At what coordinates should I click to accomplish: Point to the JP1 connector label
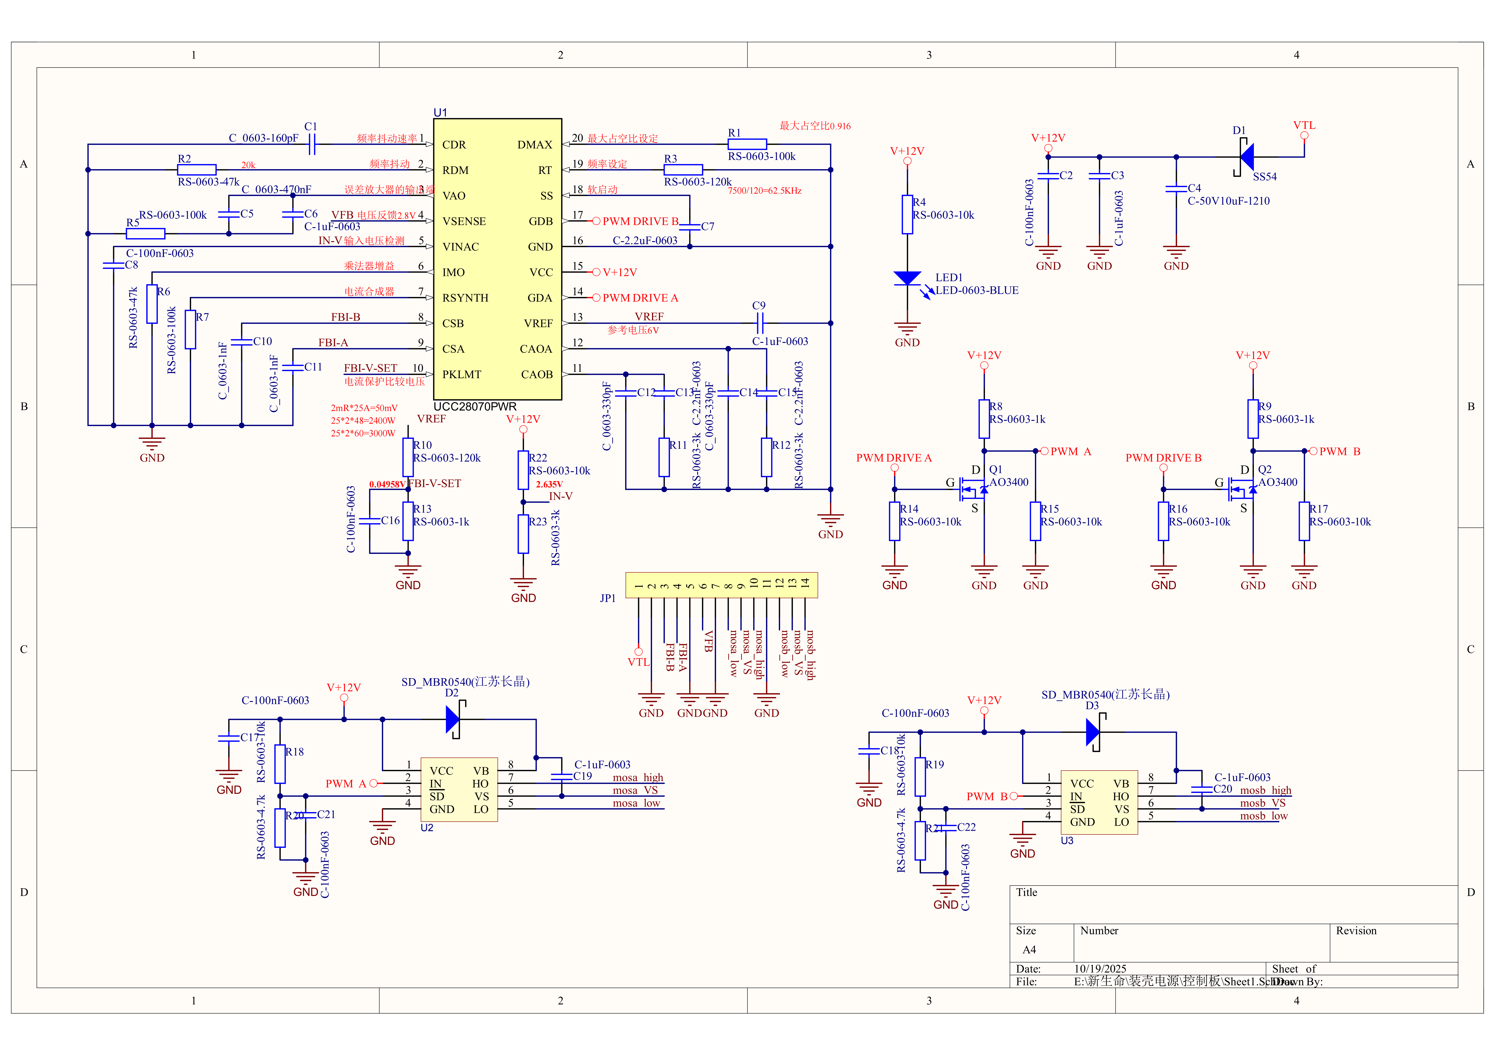point(608,598)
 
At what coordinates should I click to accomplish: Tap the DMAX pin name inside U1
point(535,145)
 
